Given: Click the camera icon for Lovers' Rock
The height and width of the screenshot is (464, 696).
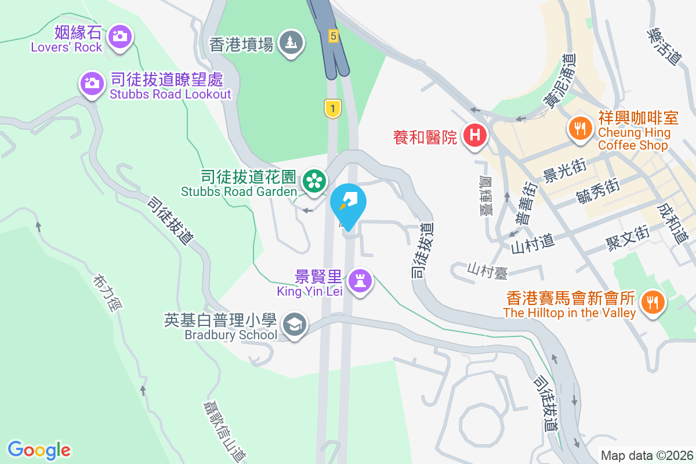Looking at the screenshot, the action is click(120, 37).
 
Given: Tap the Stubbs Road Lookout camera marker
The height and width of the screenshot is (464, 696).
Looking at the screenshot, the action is click(92, 84).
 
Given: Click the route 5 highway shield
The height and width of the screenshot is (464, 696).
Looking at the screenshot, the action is click(332, 35).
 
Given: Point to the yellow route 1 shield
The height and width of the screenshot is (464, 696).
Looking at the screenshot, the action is click(332, 108).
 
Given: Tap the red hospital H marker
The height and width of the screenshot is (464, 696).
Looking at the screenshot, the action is click(475, 136).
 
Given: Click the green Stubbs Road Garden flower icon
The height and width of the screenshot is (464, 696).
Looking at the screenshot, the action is click(314, 180).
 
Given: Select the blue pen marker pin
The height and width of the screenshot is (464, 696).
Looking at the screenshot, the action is click(349, 203).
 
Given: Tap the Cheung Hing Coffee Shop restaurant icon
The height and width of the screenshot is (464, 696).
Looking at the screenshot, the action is click(579, 125).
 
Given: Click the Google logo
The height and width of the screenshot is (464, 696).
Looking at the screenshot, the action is click(39, 449).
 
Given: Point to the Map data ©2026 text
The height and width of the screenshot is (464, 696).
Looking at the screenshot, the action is click(647, 455).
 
